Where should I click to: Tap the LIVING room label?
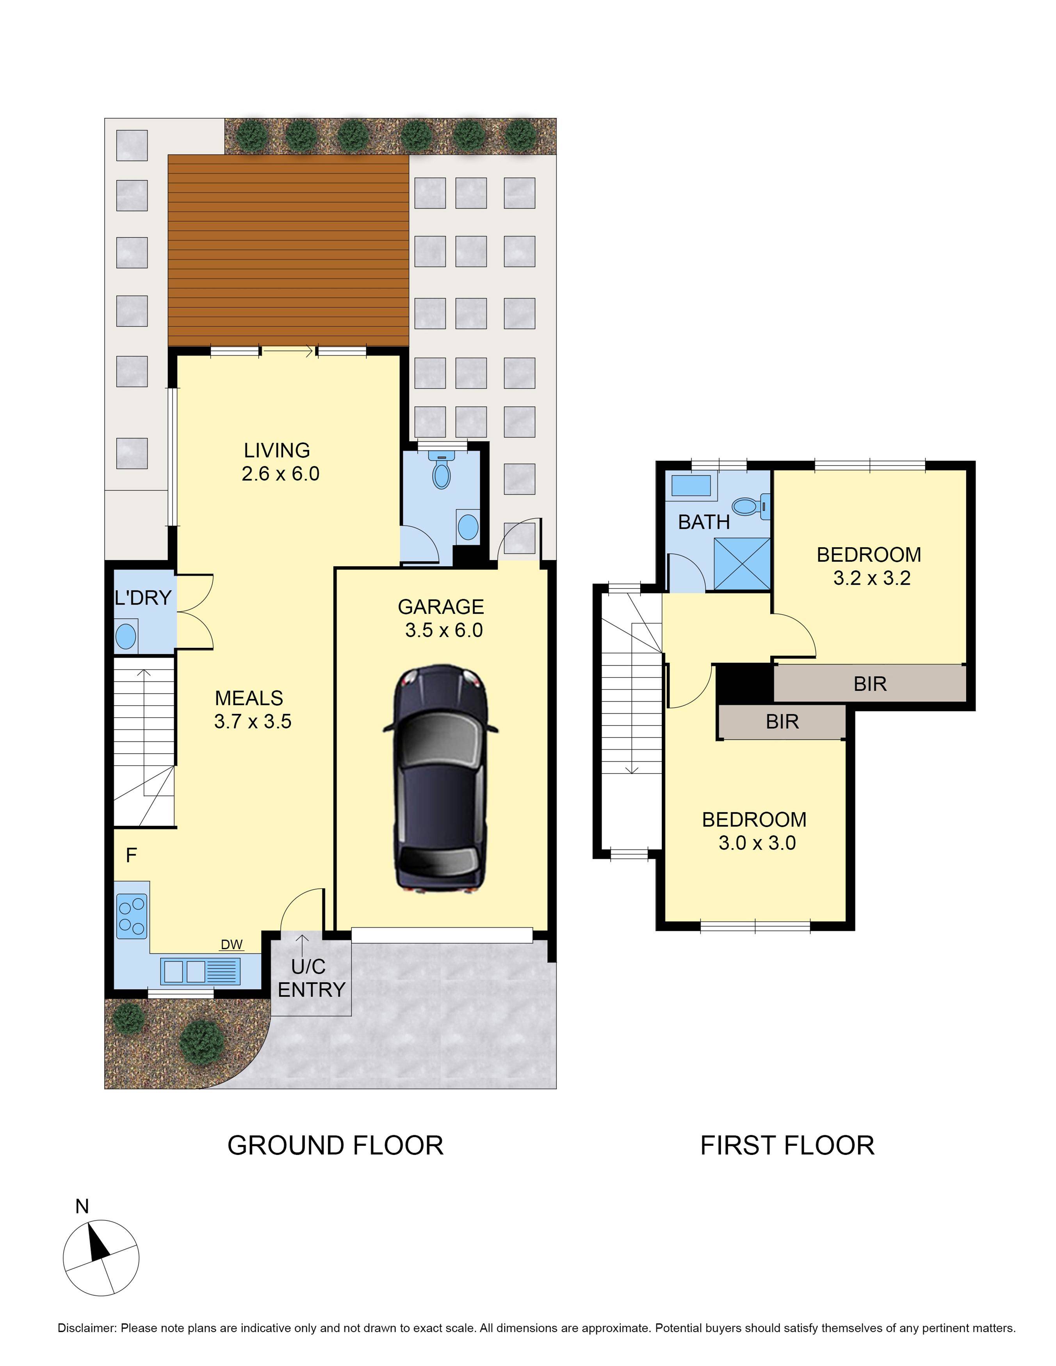coord(276,450)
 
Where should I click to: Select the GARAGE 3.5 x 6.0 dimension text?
coord(443,630)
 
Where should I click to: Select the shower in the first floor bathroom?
coord(742,564)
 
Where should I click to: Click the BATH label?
coord(704,522)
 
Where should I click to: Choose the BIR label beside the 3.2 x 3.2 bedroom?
coord(869,684)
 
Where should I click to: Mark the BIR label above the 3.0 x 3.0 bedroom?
coord(782,722)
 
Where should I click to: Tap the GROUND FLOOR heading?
coord(335,1145)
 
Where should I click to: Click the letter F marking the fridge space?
coord(132,856)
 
